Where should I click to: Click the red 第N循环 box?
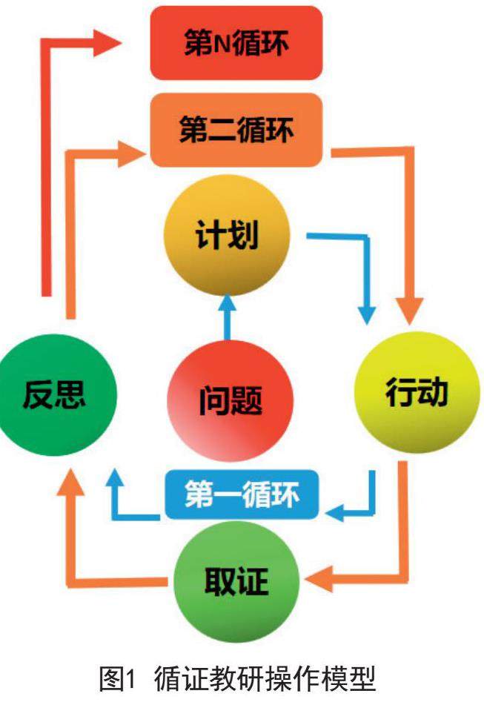236,42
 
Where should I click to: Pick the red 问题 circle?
231,401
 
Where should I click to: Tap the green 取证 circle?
236,580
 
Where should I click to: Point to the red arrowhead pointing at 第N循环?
107,42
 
